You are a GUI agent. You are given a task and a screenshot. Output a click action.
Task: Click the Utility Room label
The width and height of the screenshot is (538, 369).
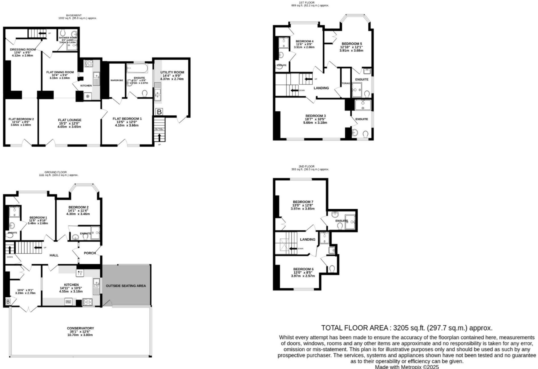[x=172, y=72]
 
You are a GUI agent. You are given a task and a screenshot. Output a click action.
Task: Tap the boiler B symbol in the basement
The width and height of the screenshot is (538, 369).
[x=159, y=112]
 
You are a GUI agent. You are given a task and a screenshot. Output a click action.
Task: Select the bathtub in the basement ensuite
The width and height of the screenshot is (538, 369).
[x=137, y=68]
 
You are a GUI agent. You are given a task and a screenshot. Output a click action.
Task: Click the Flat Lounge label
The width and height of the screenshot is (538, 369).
[x=70, y=120]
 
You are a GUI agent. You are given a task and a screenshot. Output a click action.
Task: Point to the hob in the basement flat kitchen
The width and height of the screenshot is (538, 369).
[x=89, y=63]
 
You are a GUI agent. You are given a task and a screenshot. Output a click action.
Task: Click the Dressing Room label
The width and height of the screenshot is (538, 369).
[x=23, y=49]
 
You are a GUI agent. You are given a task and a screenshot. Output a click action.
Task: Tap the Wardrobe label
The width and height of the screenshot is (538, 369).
[x=117, y=80]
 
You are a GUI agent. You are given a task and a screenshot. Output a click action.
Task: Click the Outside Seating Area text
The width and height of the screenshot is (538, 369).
[x=126, y=286]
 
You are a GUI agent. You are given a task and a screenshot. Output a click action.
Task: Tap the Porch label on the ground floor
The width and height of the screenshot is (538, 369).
[x=90, y=253]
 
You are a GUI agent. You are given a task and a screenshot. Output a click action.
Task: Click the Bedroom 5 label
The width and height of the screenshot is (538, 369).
[x=352, y=44]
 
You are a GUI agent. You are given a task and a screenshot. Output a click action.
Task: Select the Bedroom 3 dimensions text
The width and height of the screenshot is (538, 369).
[x=315, y=121]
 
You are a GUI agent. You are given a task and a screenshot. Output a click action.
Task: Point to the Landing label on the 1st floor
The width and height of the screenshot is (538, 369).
[x=321, y=88]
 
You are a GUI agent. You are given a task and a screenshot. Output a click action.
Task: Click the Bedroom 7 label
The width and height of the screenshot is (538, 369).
[x=303, y=202]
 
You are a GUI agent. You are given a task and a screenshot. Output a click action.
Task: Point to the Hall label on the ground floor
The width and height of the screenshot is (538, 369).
[x=54, y=255]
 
